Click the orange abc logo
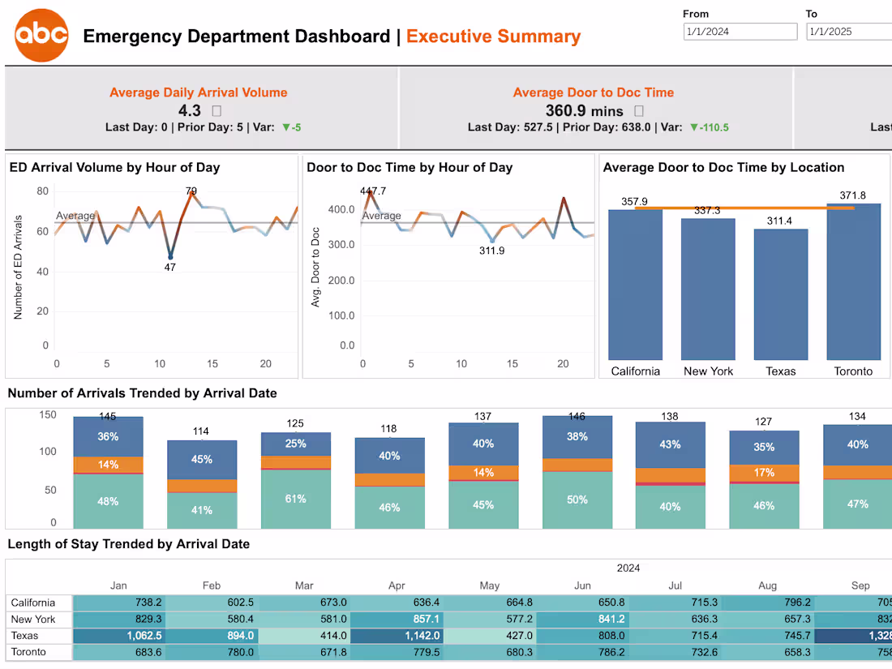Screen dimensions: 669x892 click(x=41, y=36)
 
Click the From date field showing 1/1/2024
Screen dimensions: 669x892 click(x=740, y=32)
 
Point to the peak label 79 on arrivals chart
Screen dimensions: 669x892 click(x=191, y=191)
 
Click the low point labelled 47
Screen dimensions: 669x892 click(x=170, y=267)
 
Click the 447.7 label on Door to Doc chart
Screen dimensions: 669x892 click(x=373, y=191)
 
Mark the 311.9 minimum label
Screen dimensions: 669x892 click(x=491, y=251)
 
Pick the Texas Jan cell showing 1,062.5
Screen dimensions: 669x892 click(x=118, y=636)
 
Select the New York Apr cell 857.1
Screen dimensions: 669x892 click(x=398, y=620)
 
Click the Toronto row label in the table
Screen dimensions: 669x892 click(x=28, y=652)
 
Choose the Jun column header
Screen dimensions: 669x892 click(x=582, y=585)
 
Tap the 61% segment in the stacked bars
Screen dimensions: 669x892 click(x=296, y=499)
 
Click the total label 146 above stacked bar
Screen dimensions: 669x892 click(x=577, y=416)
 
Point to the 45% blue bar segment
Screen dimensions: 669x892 click(x=202, y=459)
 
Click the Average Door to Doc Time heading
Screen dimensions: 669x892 click(x=593, y=92)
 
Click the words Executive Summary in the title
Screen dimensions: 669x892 click(x=493, y=36)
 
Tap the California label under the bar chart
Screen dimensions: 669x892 click(x=635, y=371)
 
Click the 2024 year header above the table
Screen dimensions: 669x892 click(x=628, y=568)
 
